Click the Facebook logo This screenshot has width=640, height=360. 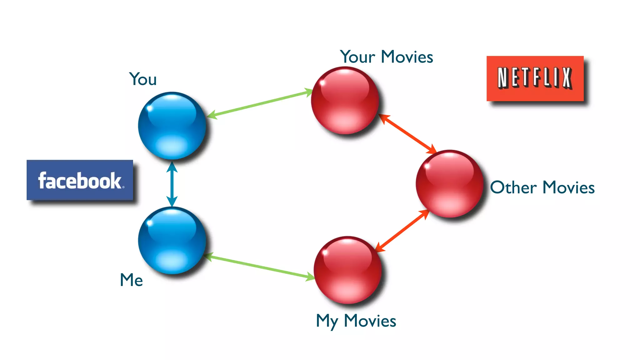click(x=80, y=180)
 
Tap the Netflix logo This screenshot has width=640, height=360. click(x=535, y=78)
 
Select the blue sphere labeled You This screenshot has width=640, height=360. click(x=172, y=125)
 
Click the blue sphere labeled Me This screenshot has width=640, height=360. click(x=172, y=240)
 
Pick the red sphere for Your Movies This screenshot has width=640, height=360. click(x=345, y=100)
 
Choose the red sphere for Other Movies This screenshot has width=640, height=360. click(x=449, y=183)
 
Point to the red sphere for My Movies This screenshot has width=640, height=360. click(x=347, y=270)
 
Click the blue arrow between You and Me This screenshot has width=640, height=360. click(x=172, y=184)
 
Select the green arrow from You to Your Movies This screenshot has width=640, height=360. click(x=259, y=103)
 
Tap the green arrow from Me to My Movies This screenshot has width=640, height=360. click(x=259, y=266)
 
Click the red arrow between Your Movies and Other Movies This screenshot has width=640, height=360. click(x=407, y=133)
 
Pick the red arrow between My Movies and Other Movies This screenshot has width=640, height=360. click(x=402, y=231)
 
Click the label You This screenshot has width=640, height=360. click(x=143, y=79)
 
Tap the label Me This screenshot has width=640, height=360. click(x=132, y=280)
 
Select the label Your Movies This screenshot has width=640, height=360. click(x=387, y=57)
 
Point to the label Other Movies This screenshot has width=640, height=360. click(x=542, y=187)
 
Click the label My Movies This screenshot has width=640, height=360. click(x=356, y=321)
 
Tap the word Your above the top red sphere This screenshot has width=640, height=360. click(x=357, y=57)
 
